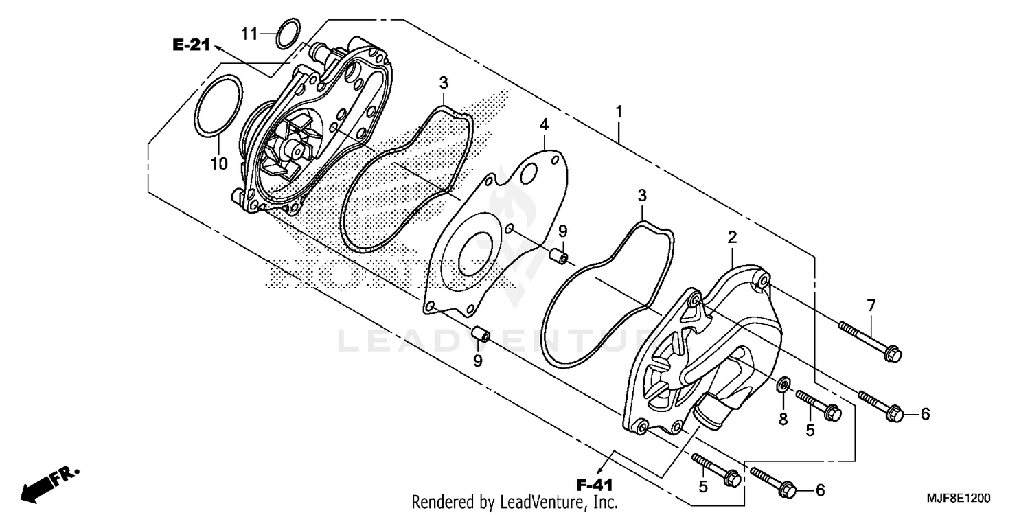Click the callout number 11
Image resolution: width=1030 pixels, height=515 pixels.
pos(249,32)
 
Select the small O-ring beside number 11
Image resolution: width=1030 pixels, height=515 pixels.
pos(288,34)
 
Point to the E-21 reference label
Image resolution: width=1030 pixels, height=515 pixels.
pos(190,46)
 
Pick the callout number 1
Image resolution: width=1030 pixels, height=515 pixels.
pos(619,111)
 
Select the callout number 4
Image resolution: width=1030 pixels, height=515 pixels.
pos(544,124)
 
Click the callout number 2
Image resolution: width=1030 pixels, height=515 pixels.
pos(732,238)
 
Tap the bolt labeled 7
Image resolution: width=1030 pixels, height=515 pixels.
pos(869,340)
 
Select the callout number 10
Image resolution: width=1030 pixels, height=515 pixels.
pos(218,163)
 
